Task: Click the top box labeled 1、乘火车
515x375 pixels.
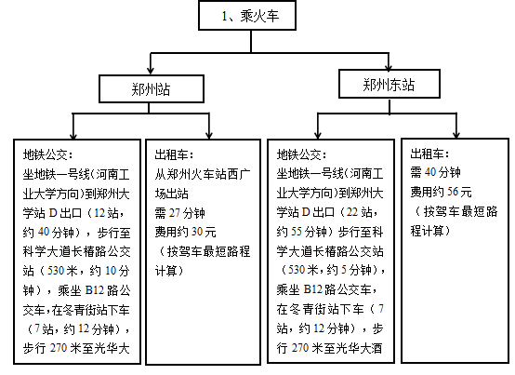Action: point(247,16)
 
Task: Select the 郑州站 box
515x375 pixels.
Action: point(152,88)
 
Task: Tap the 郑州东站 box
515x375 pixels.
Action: point(390,84)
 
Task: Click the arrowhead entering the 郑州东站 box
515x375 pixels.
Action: point(389,66)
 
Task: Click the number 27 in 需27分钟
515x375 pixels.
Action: point(175,213)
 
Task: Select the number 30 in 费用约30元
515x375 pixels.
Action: point(197,232)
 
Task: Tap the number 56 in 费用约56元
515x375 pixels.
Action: point(453,192)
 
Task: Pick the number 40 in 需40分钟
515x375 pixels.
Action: point(430,172)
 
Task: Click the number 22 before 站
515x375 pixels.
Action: point(352,212)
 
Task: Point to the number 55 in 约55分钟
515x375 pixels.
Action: point(297,232)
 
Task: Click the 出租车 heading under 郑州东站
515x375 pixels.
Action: point(429,154)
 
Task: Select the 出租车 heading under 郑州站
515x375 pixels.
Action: point(174,154)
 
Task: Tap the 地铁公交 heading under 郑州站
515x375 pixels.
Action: point(47,154)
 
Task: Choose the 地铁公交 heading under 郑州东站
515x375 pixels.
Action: point(301,154)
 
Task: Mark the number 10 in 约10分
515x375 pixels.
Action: point(111,271)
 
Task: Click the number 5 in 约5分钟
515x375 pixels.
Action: point(344,270)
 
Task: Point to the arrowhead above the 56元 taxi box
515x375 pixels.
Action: point(456,134)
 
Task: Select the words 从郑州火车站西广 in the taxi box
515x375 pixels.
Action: point(203,174)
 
